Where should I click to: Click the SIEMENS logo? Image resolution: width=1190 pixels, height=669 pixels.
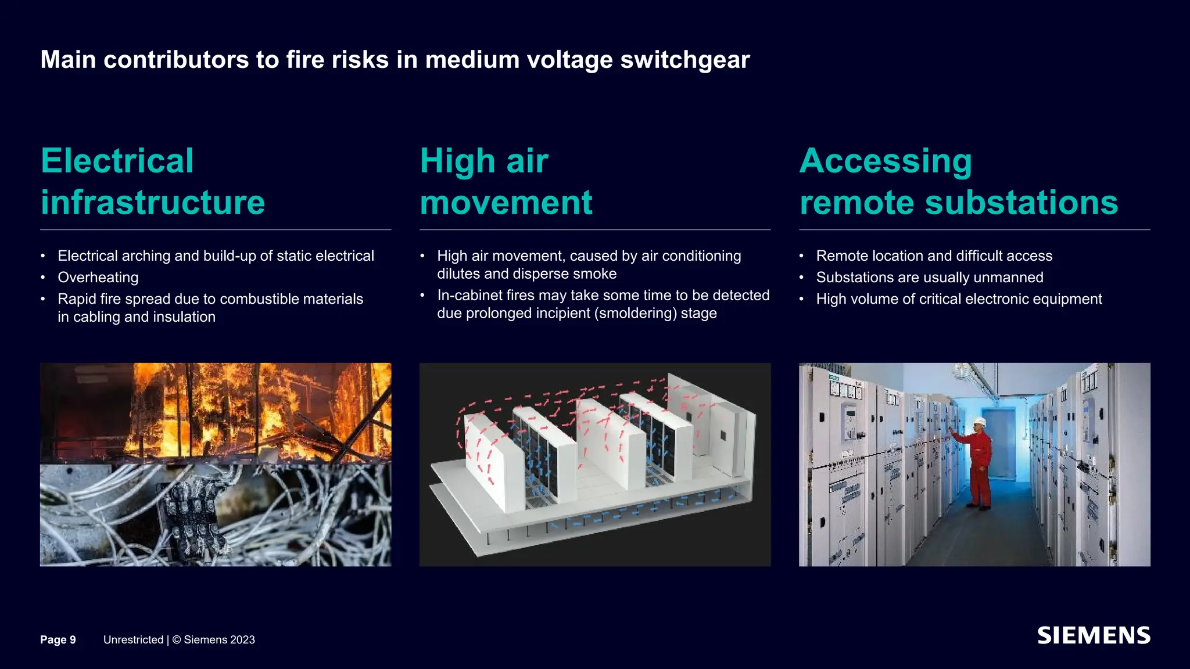[1094, 636]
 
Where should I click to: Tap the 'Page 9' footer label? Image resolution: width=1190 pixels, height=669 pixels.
[58, 639]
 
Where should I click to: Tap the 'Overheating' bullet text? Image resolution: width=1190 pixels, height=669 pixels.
[98, 278]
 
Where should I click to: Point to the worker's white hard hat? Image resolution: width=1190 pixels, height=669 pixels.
[980, 422]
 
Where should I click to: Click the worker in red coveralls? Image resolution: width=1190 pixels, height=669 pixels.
[980, 465]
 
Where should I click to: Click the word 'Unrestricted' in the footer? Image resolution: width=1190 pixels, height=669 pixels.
[133, 639]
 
